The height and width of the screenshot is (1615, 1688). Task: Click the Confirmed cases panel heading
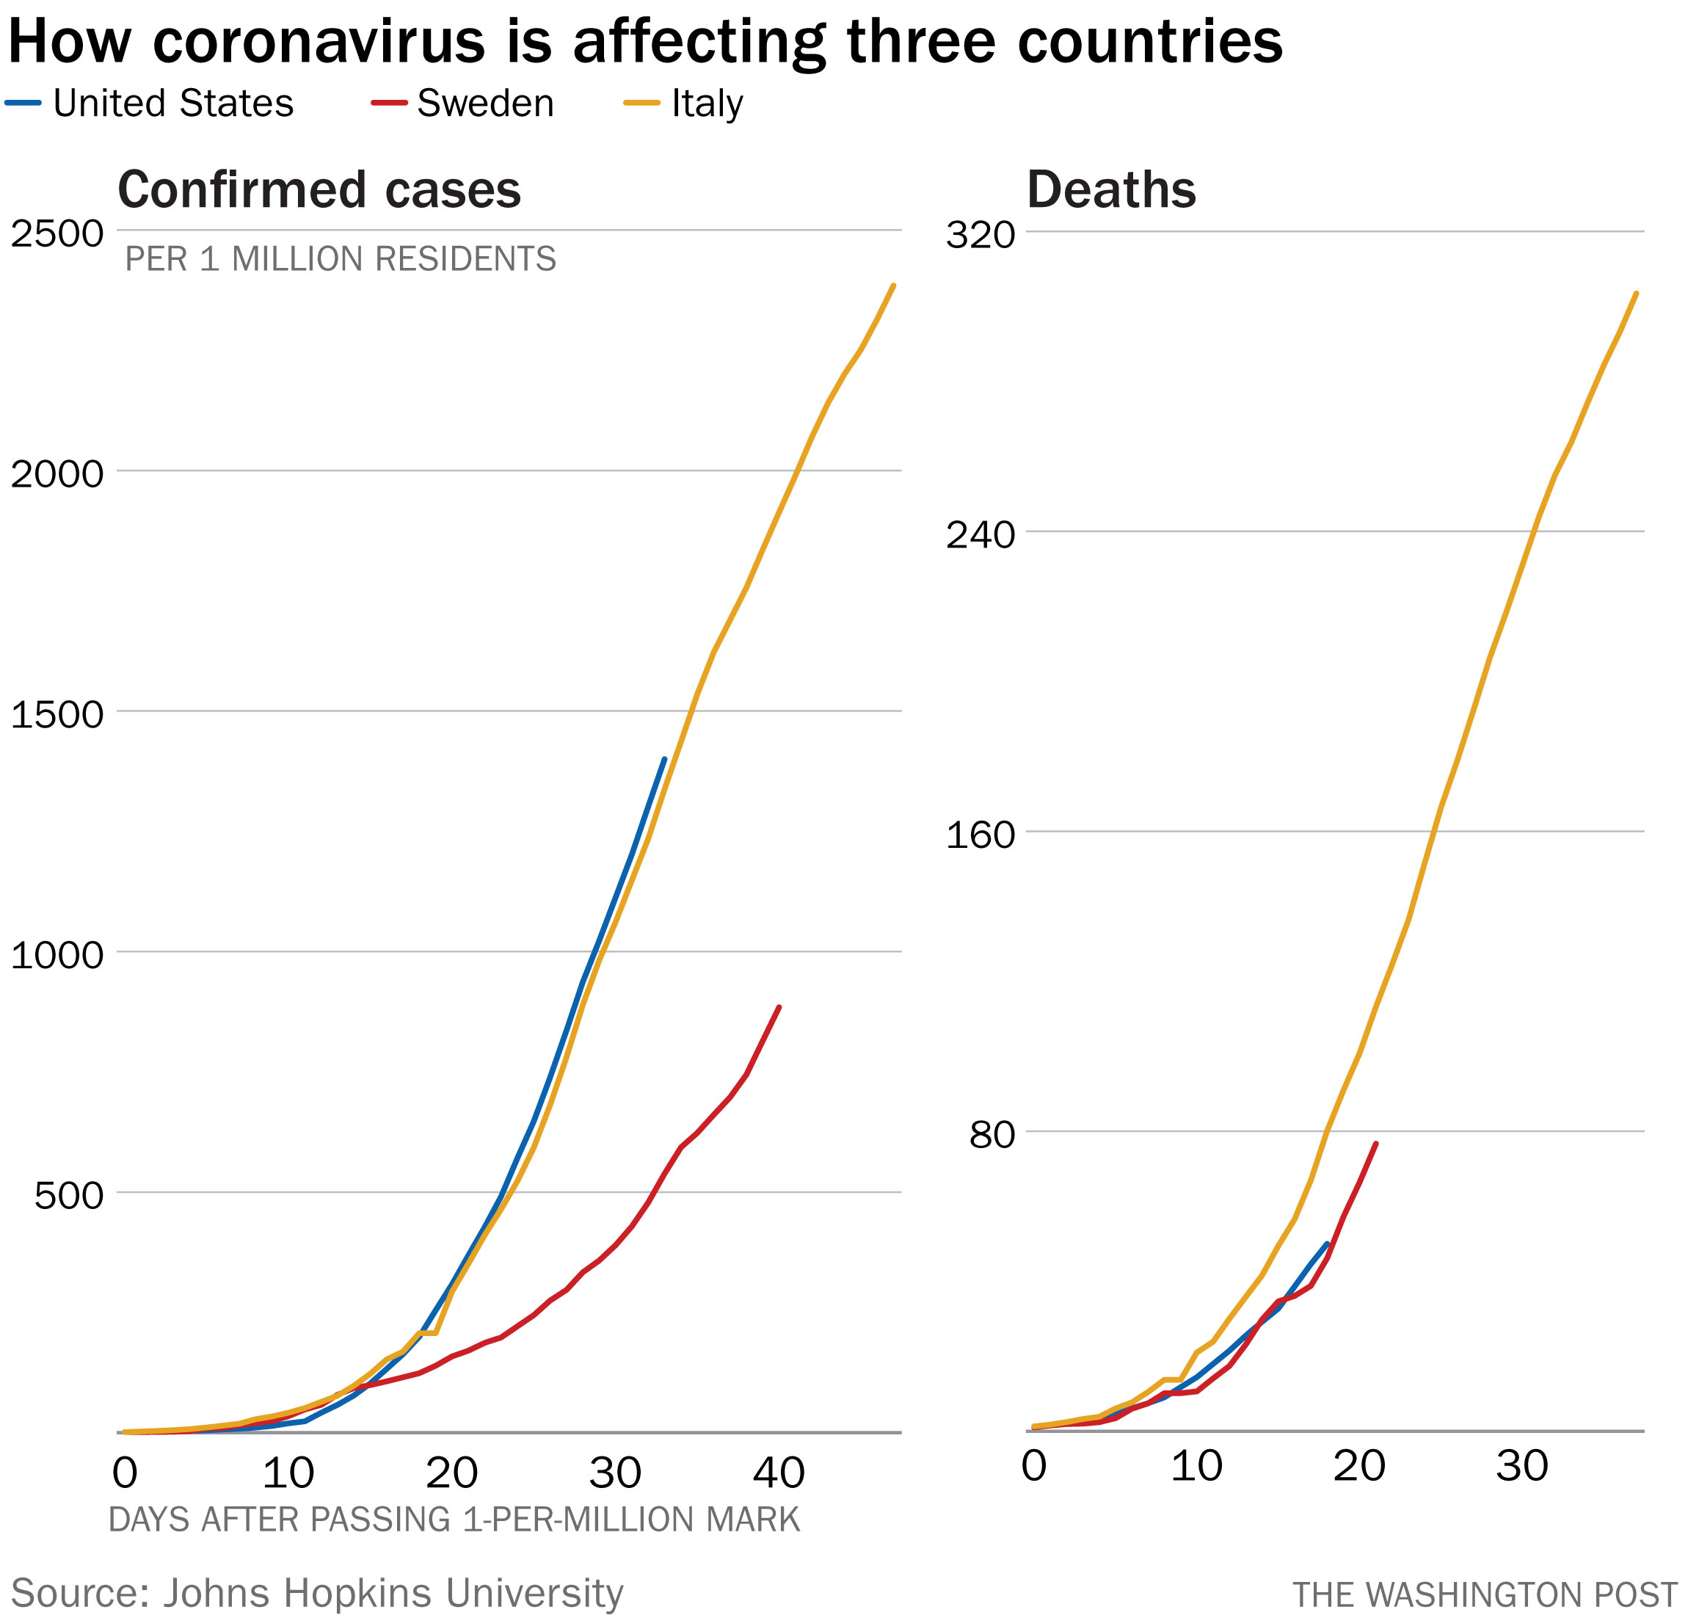click(x=319, y=189)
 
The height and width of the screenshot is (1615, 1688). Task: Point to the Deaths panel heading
click(x=1110, y=189)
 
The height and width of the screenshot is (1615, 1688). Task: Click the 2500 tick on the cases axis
click(x=57, y=233)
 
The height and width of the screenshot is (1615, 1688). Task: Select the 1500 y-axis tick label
click(x=57, y=714)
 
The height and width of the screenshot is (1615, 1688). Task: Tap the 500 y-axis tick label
click(x=69, y=1196)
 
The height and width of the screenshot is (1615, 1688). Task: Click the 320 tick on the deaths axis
click(x=981, y=235)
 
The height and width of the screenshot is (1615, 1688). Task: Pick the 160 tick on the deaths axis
click(x=981, y=835)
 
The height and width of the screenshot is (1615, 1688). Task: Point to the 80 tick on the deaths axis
click(x=992, y=1136)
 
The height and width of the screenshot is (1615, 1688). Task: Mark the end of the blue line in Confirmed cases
click(x=664, y=759)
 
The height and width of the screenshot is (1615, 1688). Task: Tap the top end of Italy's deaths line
click(x=1635, y=294)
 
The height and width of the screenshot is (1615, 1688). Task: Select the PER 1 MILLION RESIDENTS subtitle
click(x=340, y=259)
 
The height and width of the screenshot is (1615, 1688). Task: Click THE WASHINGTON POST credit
click(x=1484, y=1594)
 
